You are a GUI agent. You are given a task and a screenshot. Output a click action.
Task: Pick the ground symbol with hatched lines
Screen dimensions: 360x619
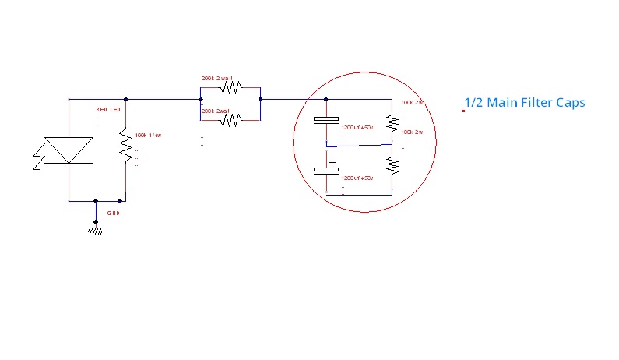point(95,229)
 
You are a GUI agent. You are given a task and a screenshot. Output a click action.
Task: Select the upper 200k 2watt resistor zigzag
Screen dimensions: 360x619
point(230,87)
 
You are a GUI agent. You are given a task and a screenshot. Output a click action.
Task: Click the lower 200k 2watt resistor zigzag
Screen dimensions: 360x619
point(230,118)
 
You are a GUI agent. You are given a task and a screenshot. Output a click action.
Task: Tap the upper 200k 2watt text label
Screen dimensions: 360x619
point(217,79)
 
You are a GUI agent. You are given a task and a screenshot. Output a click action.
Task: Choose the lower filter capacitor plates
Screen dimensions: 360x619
point(325,173)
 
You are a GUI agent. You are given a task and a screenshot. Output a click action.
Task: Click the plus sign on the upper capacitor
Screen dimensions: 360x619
point(332,111)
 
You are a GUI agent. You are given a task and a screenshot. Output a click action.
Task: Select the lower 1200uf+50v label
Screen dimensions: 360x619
point(358,178)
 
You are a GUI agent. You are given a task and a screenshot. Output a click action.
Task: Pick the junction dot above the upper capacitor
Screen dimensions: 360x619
point(325,99)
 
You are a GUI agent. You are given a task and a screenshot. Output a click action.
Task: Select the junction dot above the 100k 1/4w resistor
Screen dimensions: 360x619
point(125,99)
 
